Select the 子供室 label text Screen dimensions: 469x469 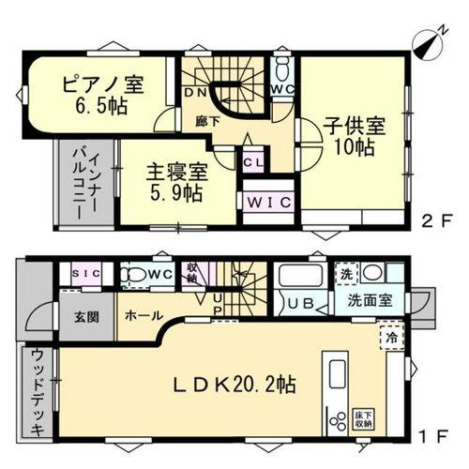(351, 134)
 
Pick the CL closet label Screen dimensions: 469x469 (254, 160)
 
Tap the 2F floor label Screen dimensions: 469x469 (434, 222)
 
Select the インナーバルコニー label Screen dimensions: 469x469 (86, 184)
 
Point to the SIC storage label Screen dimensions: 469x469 (86, 273)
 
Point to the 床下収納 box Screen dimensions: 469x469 (364, 419)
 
